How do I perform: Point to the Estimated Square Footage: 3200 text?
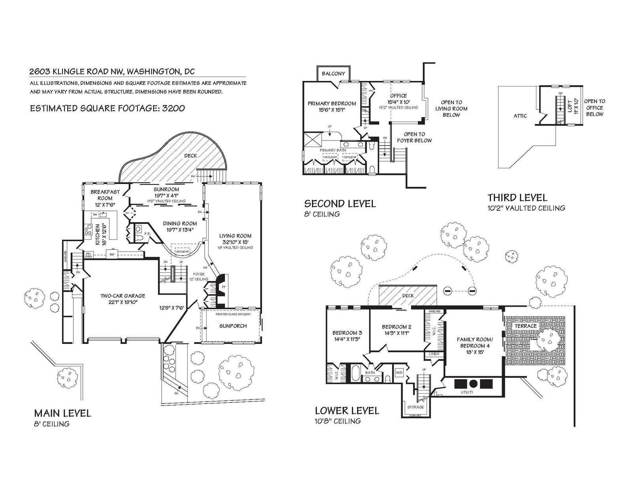[107, 108]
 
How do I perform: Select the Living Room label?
[235, 236]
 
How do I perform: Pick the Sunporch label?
[233, 326]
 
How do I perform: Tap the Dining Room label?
[180, 223]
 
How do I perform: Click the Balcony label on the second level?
[333, 73]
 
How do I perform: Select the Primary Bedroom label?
[332, 103]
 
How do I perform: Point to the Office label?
[398, 96]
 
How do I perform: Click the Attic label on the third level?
[520, 116]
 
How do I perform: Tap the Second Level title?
[340, 204]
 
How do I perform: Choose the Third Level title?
[517, 197]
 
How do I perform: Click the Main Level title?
[62, 413]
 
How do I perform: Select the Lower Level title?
[347, 411]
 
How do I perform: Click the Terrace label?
[526, 326]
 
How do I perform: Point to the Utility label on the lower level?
[467, 392]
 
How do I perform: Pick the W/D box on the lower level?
[399, 372]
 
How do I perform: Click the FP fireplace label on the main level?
[224, 287]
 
